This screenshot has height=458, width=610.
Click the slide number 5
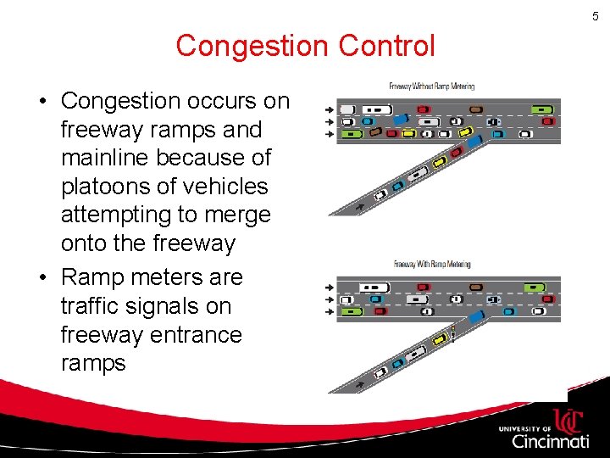[x=596, y=16]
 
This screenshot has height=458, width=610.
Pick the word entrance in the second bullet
[x=193, y=335]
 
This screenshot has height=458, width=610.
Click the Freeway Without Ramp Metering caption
[x=431, y=86]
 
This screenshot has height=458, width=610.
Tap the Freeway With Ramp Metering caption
[x=431, y=265]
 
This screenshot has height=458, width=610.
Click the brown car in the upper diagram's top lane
[x=476, y=109]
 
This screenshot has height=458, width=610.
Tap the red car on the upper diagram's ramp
[x=456, y=153]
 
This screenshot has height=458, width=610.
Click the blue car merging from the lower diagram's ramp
[x=476, y=317]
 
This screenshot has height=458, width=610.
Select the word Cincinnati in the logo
[x=550, y=441]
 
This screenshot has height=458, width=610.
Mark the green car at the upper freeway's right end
[x=541, y=109]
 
